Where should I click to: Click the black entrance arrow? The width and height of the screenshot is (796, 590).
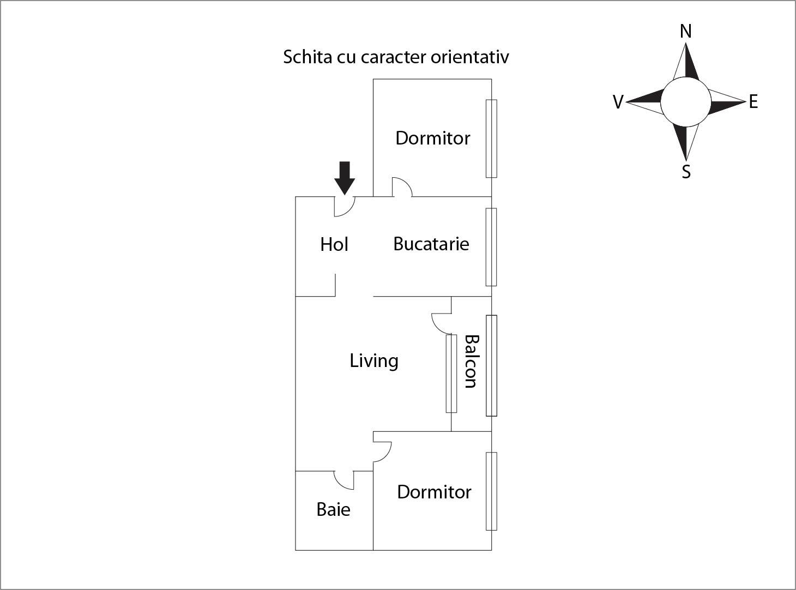(x=345, y=178)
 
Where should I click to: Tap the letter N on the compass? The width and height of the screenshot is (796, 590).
(x=685, y=31)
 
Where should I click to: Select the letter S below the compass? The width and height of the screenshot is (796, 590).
(x=686, y=172)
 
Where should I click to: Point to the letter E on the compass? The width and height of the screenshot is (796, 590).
(x=753, y=101)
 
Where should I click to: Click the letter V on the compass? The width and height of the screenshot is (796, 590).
(x=618, y=102)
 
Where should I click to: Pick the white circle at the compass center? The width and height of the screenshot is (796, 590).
(x=685, y=102)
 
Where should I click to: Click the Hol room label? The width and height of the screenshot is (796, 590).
(x=334, y=244)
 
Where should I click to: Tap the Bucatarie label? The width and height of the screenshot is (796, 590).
(x=431, y=244)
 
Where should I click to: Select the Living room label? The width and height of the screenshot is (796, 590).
(x=374, y=361)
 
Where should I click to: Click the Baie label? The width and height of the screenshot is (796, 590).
(x=334, y=509)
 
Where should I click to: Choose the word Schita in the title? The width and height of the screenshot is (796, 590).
(x=307, y=57)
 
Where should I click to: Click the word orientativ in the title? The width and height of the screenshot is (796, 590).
(x=469, y=57)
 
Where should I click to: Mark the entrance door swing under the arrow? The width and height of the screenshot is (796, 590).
(x=345, y=207)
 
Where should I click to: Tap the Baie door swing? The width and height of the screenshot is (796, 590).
(x=344, y=480)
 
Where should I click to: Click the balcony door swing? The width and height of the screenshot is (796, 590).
(x=442, y=323)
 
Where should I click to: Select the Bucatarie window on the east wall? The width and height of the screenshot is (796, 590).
(x=491, y=247)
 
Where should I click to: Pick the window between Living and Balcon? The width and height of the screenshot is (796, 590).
(x=451, y=374)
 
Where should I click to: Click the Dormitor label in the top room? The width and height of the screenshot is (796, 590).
(x=433, y=139)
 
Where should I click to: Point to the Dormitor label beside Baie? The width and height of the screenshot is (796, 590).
(x=434, y=492)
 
